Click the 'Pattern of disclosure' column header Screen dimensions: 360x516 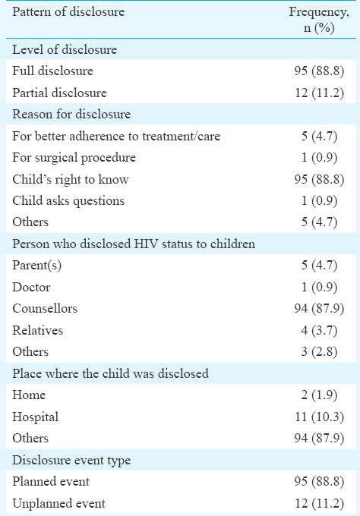tap(68, 12)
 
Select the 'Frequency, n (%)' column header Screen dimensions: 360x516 tap(319, 20)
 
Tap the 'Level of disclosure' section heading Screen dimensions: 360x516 tap(65, 49)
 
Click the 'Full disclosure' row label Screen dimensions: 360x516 tap(52, 71)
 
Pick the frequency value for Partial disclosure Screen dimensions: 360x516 tap(319, 93)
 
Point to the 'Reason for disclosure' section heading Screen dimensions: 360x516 tap(71, 114)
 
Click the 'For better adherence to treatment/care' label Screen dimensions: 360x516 tap(116, 136)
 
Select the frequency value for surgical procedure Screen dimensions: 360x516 tap(319, 158)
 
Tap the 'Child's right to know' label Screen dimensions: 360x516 tap(71, 179)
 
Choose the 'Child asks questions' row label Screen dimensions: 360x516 tap(68, 201)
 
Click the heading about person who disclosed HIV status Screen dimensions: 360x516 tap(134, 244)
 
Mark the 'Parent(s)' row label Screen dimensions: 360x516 tap(37, 266)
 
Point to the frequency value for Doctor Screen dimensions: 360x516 tap(319, 287)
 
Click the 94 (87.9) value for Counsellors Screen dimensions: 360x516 tap(319, 308)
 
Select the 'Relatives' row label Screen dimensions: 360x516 tap(37, 330)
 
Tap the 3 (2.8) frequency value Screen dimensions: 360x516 tap(319, 351)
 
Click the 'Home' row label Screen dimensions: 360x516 tap(29, 395)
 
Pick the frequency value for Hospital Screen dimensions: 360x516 tap(319, 417)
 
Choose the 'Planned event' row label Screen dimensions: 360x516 tap(51, 481)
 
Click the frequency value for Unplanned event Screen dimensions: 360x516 tap(319, 503)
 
